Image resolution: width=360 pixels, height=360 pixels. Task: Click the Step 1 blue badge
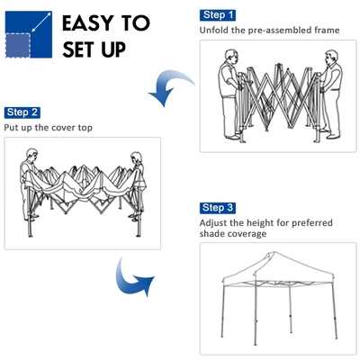pyautogui.click(x=219, y=15)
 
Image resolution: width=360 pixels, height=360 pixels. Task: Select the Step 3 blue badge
pyautogui.click(x=219, y=208)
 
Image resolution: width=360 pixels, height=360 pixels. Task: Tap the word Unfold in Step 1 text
pyautogui.click(x=216, y=31)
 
